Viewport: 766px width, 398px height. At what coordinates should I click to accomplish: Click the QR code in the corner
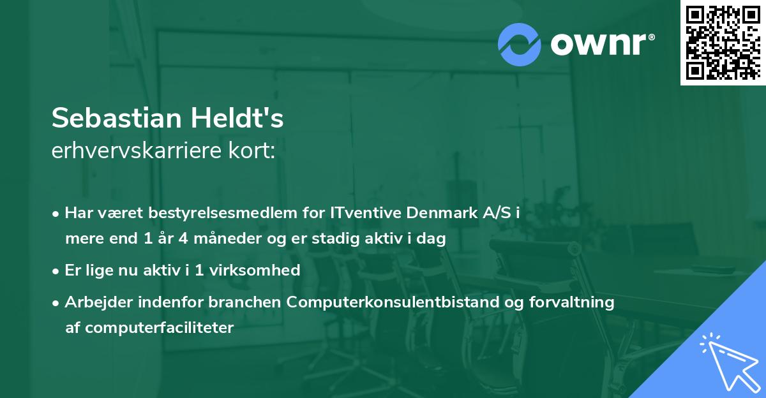tap(723, 43)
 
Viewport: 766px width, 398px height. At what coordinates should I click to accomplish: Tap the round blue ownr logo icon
tap(520, 45)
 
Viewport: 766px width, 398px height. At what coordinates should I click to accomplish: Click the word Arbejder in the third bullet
tap(94, 302)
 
